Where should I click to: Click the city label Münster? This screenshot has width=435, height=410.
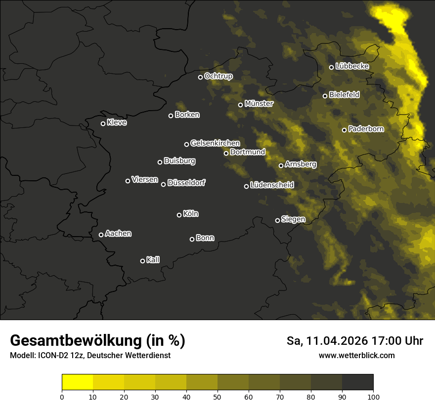point(259,104)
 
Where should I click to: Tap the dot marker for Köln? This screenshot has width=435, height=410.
point(179,215)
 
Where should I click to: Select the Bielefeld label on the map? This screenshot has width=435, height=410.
point(344,95)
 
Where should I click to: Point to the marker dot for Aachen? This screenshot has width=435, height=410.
point(101,235)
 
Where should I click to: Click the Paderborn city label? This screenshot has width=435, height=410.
point(366,129)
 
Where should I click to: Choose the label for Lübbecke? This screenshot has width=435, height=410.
point(352,66)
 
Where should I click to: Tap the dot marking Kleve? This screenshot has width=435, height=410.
point(103,123)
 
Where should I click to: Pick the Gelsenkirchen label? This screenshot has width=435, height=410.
point(215,143)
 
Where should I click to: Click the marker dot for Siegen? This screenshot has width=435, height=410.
point(277,220)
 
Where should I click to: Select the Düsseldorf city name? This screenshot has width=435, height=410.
point(186,183)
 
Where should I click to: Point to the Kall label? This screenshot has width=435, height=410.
point(153,260)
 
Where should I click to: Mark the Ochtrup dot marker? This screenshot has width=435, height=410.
point(200,77)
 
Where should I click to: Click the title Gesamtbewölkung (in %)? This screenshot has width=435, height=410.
point(97,341)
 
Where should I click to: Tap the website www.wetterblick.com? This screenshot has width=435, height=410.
point(357,355)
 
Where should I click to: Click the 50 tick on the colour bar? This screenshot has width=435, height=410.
point(217,396)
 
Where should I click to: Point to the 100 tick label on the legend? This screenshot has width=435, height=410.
point(373,396)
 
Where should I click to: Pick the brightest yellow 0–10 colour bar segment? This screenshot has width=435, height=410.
point(77,382)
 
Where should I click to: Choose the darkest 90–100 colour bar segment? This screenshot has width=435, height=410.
point(357,382)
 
